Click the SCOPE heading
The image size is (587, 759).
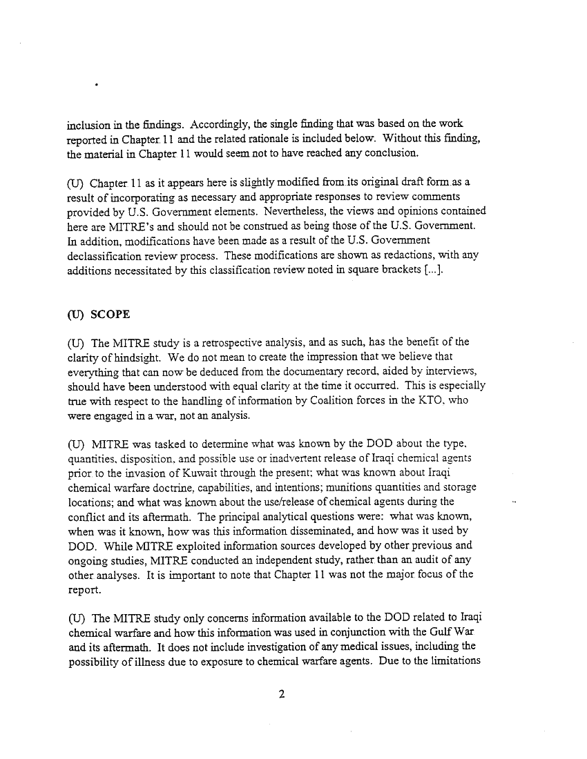pyautogui.click(x=110, y=314)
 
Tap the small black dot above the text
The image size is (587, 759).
pyautogui.click(x=96, y=87)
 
